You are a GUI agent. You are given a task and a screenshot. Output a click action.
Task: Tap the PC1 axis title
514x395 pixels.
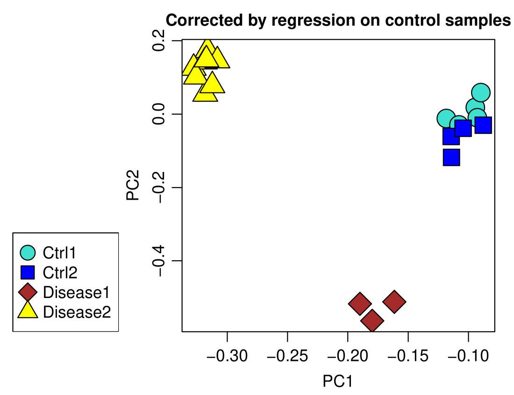[x=337, y=381]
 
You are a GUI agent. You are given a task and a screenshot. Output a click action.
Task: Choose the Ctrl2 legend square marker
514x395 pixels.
[x=28, y=272]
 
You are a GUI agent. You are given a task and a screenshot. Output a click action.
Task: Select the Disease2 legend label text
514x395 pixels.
[x=77, y=312]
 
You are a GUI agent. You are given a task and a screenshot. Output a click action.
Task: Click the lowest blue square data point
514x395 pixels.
[x=451, y=157]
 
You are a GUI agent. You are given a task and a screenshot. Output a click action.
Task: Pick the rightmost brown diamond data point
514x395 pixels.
[x=394, y=302]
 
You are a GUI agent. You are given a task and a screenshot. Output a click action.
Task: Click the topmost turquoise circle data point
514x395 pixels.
[x=481, y=93]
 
